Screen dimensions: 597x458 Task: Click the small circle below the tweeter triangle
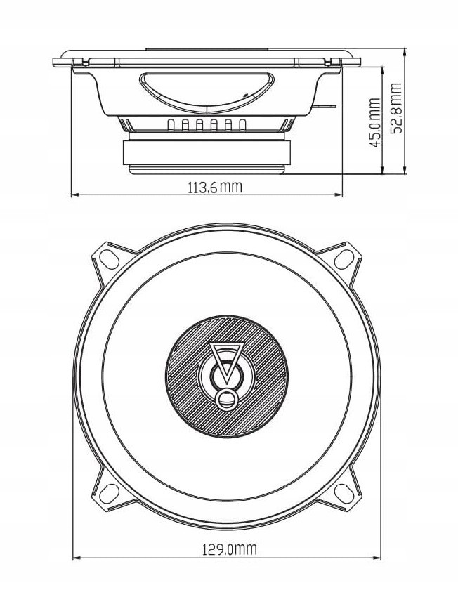pos(226,399)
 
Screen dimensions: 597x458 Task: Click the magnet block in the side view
pos(207,153)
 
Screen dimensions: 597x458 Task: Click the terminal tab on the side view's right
pos(328,106)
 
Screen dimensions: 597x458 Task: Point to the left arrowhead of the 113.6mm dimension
pos(75,194)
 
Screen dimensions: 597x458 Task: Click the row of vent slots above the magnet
pos(207,126)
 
